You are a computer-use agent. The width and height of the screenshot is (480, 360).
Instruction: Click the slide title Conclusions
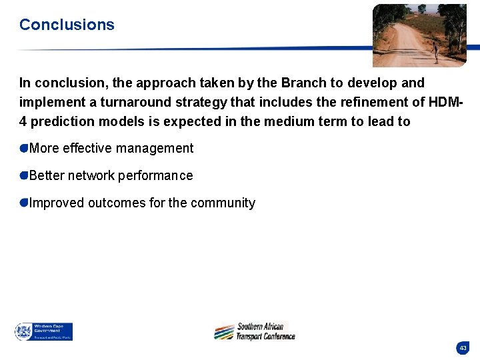(x=67, y=25)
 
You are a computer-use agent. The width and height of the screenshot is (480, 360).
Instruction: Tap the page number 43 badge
(x=463, y=348)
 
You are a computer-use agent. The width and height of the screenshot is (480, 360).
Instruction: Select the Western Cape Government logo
(x=44, y=331)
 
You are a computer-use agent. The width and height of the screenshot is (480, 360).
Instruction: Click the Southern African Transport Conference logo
(x=255, y=331)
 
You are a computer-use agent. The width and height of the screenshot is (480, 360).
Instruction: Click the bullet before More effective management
(x=24, y=148)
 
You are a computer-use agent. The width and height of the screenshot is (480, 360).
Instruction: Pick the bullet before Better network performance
(x=24, y=175)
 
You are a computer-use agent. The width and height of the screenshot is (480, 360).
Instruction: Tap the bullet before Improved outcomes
(x=24, y=203)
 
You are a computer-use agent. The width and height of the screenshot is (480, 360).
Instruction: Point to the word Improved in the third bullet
(x=57, y=203)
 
